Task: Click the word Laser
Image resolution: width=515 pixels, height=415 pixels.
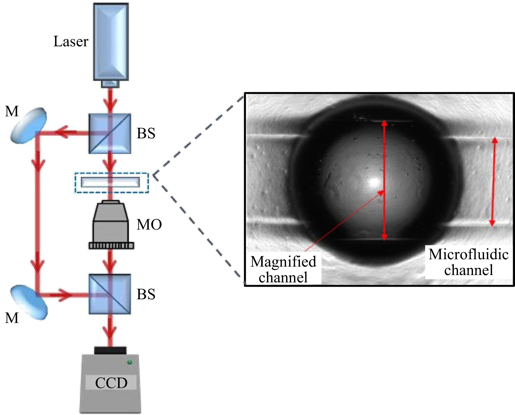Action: click(x=71, y=42)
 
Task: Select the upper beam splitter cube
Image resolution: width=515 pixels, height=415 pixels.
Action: click(x=110, y=133)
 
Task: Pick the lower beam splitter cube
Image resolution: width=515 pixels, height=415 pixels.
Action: click(x=110, y=294)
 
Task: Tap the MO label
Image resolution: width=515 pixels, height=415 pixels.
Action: click(x=149, y=225)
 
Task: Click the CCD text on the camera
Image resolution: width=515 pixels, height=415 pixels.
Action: click(x=111, y=383)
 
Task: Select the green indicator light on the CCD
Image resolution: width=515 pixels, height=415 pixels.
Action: click(x=130, y=362)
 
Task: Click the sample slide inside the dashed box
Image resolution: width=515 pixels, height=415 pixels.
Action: click(x=110, y=182)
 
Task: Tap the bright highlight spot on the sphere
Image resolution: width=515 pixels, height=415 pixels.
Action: click(x=374, y=182)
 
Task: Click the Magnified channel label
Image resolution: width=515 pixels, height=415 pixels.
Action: click(x=283, y=269)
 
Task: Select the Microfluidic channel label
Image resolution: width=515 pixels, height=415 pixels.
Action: click(x=468, y=262)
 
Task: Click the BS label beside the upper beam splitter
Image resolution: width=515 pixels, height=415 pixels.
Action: click(x=146, y=133)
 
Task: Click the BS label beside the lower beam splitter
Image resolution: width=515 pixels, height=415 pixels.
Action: click(x=146, y=294)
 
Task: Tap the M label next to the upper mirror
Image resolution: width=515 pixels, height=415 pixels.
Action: click(x=12, y=111)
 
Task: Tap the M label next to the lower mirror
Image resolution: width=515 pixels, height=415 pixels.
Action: click(x=12, y=318)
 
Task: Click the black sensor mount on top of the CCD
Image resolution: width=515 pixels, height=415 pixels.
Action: click(x=110, y=350)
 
